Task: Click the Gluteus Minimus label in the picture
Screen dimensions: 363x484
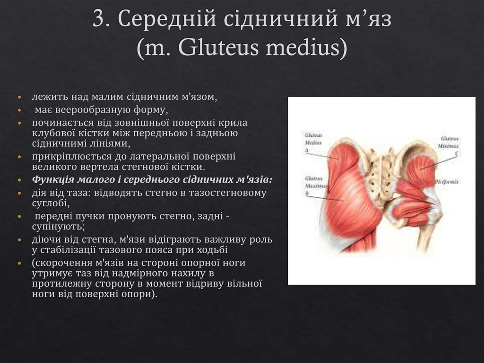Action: point(449,142)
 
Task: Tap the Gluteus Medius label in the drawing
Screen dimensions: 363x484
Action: point(313,138)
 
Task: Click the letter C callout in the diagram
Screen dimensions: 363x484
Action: point(456,154)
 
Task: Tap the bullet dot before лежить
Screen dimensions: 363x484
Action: point(19,97)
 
